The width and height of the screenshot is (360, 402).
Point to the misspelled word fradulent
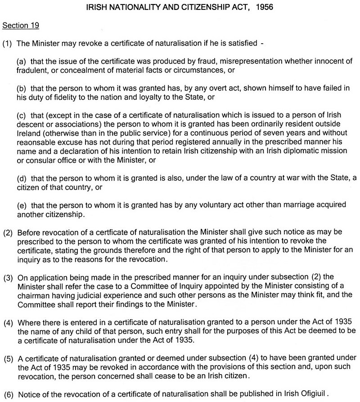[x=31, y=70]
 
